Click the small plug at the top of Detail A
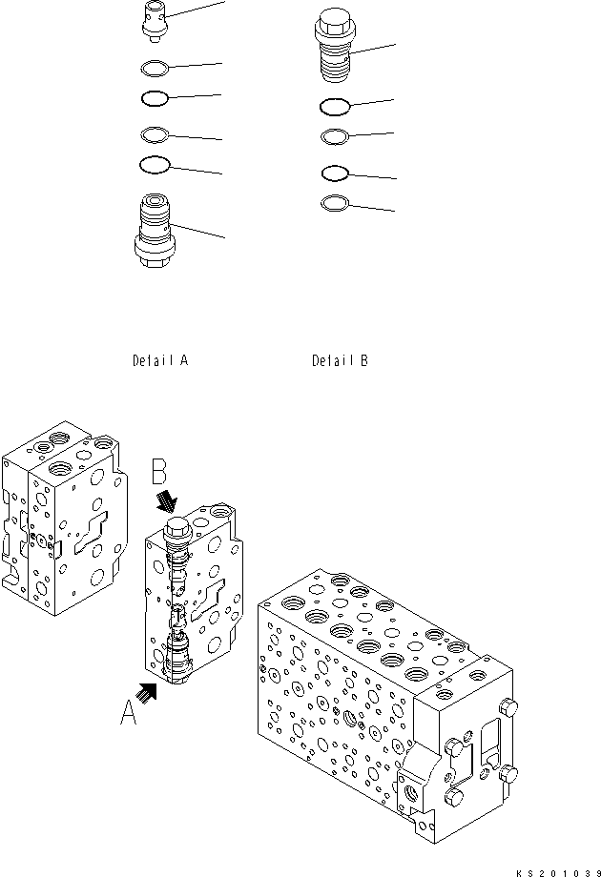(155, 21)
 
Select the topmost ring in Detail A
(155, 69)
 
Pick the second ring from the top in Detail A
(155, 98)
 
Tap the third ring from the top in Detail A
(155, 133)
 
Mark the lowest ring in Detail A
(155, 165)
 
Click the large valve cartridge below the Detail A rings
(155, 231)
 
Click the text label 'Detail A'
(160, 361)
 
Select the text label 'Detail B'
(340, 361)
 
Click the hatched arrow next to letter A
(147, 691)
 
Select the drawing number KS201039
(557, 870)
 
